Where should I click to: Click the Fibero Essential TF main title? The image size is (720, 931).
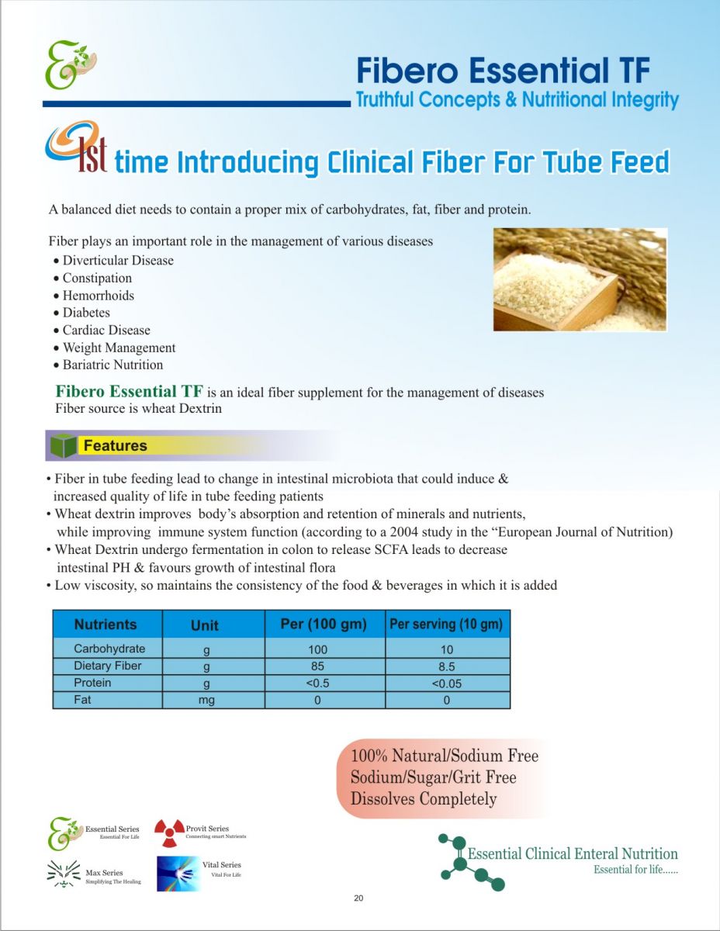tap(504, 71)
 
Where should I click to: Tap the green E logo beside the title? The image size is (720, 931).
tap(71, 64)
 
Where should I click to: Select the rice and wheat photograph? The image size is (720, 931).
tap(580, 279)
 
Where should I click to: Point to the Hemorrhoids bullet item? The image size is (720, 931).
tap(94, 295)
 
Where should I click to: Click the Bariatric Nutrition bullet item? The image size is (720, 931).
tap(109, 365)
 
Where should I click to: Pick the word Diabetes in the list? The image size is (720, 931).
tap(87, 313)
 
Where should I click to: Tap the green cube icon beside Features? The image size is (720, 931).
tap(63, 445)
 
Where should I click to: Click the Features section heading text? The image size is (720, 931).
tap(116, 445)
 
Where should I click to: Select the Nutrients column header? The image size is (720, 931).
tap(106, 625)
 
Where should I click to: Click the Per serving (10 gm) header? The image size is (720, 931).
tap(446, 625)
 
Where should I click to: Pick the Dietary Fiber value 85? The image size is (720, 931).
tap(317, 666)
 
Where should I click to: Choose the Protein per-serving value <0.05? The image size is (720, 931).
tap(446, 684)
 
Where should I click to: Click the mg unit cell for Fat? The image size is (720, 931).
tap(206, 701)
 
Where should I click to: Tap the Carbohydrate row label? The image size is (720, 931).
tap(109, 649)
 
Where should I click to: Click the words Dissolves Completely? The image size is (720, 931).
tap(424, 798)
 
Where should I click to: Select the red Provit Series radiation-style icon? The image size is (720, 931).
tap(169, 833)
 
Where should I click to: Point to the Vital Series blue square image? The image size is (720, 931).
tap(178, 874)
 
